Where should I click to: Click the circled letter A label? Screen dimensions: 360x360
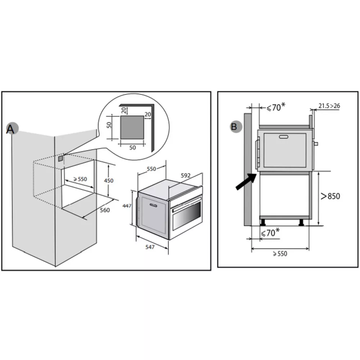[x=11, y=129]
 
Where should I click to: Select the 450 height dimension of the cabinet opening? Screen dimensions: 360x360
[x=108, y=181]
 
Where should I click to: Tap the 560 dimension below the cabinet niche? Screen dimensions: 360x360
[x=104, y=211]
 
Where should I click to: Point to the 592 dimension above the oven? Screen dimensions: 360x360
[x=186, y=176]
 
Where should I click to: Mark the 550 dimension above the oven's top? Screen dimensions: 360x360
[x=151, y=168]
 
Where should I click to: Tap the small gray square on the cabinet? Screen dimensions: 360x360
[x=60, y=157]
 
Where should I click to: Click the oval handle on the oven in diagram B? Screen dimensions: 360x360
[x=284, y=136]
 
